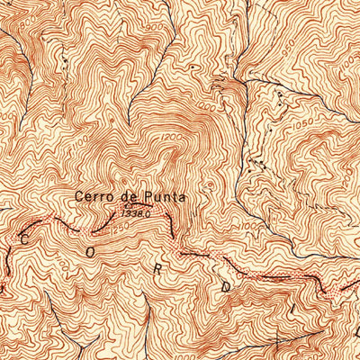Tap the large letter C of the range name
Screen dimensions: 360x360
[x=22, y=237]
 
